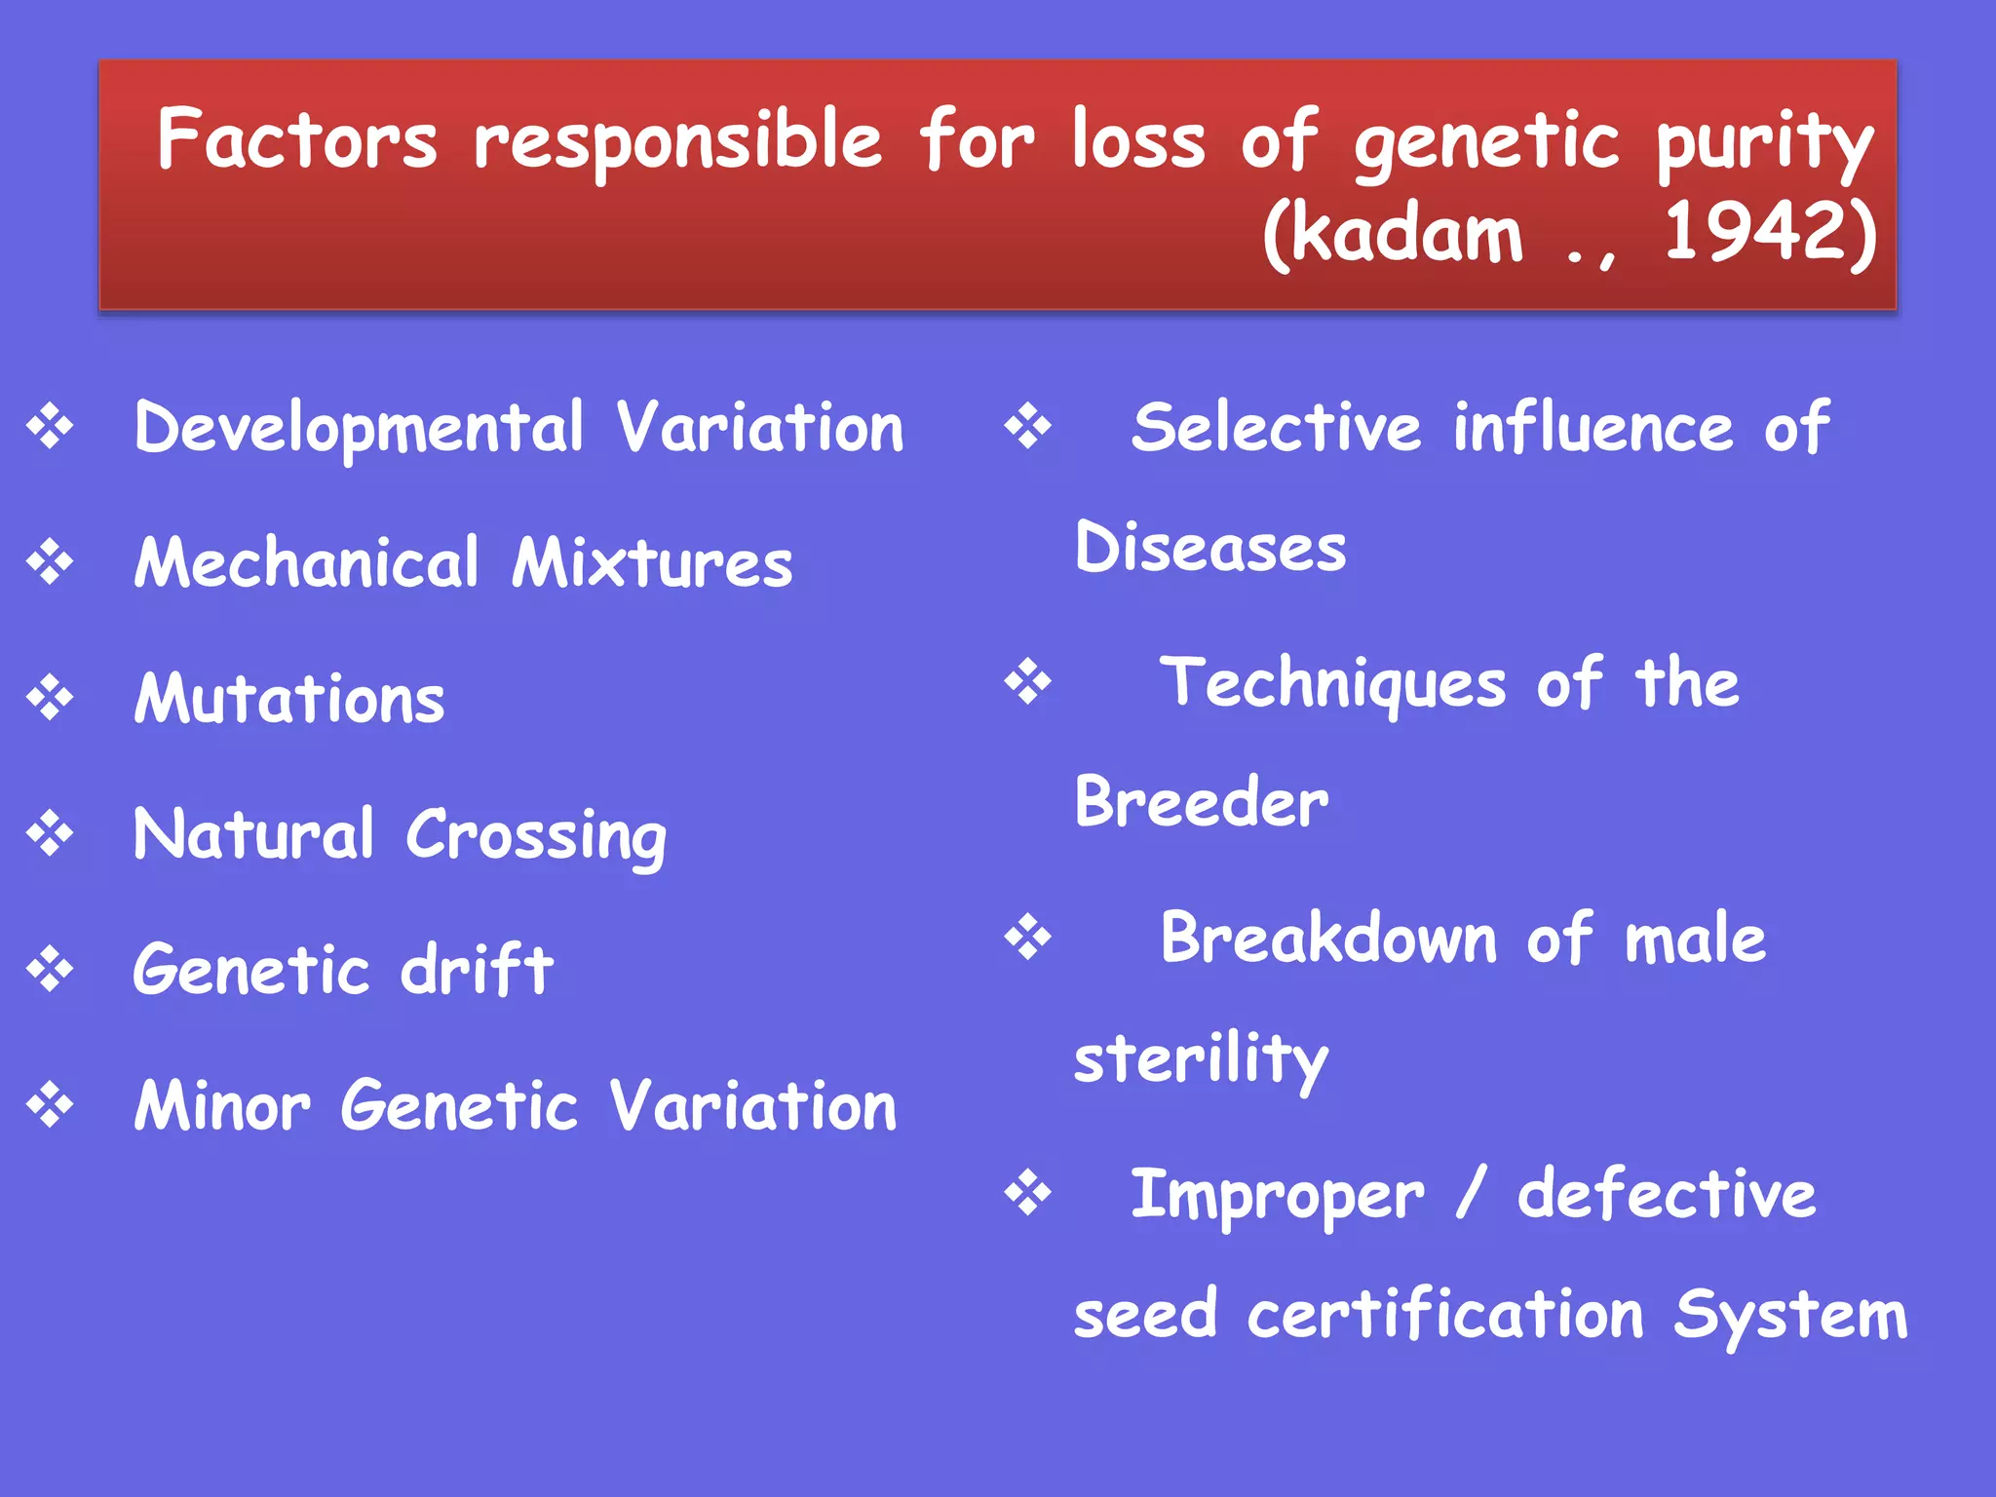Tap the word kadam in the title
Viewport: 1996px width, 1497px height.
tap(1411, 234)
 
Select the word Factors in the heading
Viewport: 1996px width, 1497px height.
tap(297, 139)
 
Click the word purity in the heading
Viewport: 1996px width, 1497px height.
tap(1764, 144)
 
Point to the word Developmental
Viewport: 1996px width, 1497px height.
tap(359, 429)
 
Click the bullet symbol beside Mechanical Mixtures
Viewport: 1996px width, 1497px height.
tap(51, 563)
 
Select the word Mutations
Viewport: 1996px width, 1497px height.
tap(289, 699)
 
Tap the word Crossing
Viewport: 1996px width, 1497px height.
tap(536, 836)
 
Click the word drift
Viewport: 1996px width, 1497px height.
tap(478, 970)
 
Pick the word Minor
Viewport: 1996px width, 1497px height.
tap(222, 1106)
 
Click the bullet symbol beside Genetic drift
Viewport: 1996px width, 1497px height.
tap(51, 970)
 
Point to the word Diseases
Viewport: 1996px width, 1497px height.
tap(1209, 548)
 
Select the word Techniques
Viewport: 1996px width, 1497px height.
tap(1332, 683)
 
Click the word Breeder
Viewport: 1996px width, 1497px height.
tap(1201, 802)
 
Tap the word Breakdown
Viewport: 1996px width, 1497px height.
tap(1328, 939)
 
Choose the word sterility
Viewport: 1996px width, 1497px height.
tap(1201, 1059)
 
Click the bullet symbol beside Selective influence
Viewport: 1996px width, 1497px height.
tap(1028, 427)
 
